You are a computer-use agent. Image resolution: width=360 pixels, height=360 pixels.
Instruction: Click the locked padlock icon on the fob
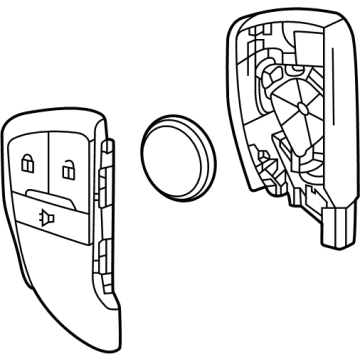coord(27,160)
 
